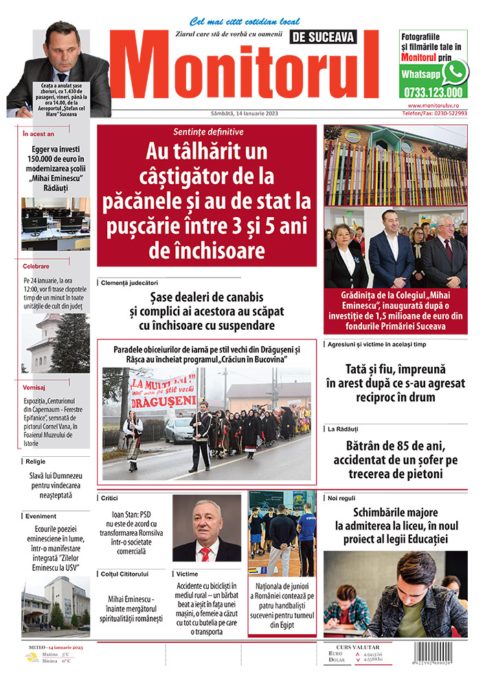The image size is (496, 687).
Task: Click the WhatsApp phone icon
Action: point(454,72)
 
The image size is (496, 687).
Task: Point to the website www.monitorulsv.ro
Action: point(437,106)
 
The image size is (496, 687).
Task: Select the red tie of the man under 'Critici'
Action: point(204,552)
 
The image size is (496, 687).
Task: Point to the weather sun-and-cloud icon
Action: point(32,658)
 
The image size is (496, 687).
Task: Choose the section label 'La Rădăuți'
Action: point(343,429)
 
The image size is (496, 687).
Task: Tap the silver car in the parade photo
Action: point(178,431)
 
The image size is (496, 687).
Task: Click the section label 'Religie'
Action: point(35,462)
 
